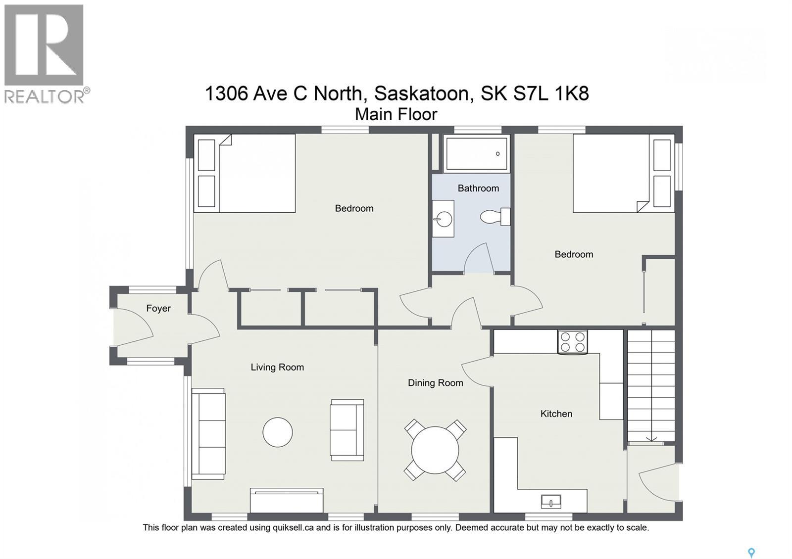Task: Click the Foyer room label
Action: tap(158, 308)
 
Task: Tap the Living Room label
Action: tap(277, 367)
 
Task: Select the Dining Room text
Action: tap(435, 382)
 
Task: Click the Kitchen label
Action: tap(556, 414)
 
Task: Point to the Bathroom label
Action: tap(478, 188)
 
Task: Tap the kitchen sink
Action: tap(551, 502)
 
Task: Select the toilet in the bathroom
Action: tap(495, 217)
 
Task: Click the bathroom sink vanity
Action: tap(443, 219)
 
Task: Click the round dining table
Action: tap(435, 450)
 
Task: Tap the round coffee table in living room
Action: tap(277, 432)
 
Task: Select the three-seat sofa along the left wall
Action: tap(208, 434)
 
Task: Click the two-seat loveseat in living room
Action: tap(347, 430)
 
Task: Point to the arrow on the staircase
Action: tap(651, 438)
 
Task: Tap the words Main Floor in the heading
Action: tap(396, 114)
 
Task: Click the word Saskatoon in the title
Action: tap(421, 93)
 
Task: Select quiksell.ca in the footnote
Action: tap(293, 527)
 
